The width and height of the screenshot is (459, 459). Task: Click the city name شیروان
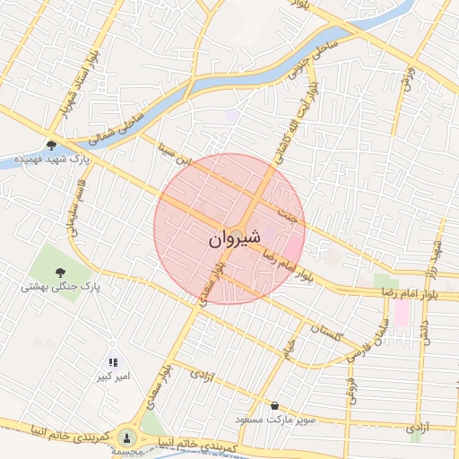click(x=235, y=239)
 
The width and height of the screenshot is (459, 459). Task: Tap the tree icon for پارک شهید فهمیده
click(x=52, y=146)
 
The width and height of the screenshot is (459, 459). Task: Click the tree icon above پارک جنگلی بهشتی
click(x=62, y=272)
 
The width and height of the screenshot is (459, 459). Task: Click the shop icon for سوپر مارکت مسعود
click(x=274, y=405)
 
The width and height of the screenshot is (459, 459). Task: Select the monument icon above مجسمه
click(x=126, y=437)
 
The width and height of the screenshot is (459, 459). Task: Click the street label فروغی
click(x=351, y=390)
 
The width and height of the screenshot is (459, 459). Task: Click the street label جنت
click(x=287, y=214)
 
